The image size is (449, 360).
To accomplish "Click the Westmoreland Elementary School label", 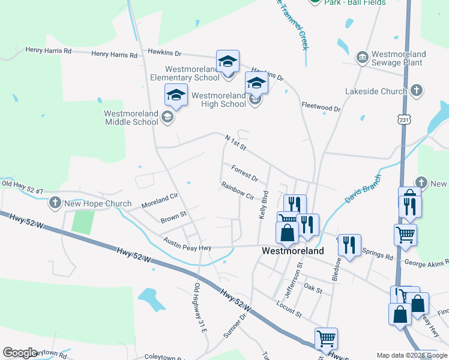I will click(x=185, y=73).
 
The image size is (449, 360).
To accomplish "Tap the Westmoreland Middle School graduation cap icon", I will click(x=176, y=95).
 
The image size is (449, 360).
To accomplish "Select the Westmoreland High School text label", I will click(x=218, y=100).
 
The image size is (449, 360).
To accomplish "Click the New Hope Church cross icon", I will click(x=55, y=203).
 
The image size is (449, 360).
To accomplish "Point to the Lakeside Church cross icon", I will click(x=418, y=91).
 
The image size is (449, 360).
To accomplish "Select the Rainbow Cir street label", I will click(x=238, y=190).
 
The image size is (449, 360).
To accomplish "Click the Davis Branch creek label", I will click(x=363, y=188).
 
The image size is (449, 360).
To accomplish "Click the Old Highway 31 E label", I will click(x=200, y=307).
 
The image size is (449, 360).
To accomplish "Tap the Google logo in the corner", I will click(x=20, y=353).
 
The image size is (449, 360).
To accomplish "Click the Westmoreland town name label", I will click(x=293, y=251).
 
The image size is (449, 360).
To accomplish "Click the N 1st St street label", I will click(x=236, y=143).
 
